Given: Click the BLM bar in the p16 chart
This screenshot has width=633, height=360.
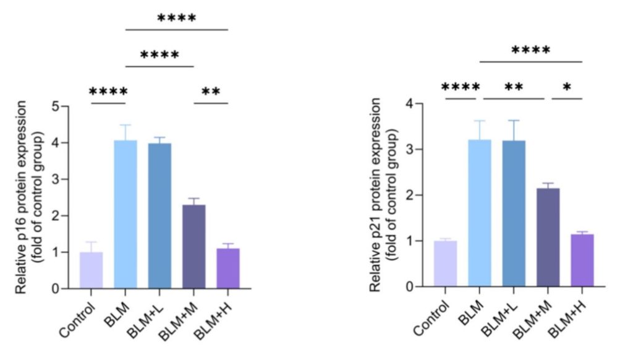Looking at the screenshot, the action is [x=125, y=215].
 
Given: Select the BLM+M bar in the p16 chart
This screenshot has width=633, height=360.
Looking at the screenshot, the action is [x=193, y=247].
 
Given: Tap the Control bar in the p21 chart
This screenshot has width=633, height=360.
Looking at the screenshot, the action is [x=445, y=264].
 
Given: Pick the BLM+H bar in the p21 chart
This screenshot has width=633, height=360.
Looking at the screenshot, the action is [x=582, y=260].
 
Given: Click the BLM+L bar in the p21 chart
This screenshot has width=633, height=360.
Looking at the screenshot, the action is [x=514, y=214].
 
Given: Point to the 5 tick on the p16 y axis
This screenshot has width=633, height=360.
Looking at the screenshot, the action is [x=66, y=106].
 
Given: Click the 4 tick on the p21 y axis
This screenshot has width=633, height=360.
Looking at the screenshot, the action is [x=420, y=104].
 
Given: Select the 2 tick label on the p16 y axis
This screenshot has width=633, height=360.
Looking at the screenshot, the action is [x=56, y=216].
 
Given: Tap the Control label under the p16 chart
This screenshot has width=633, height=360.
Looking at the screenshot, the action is [x=77, y=320].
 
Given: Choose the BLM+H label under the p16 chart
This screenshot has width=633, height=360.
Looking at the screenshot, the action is [x=213, y=322].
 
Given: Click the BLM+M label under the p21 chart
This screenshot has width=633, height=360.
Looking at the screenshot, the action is [x=532, y=320].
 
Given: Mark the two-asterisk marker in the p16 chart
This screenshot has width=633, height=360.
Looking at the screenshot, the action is [x=211, y=91].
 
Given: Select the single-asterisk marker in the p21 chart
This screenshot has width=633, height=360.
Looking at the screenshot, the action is [x=567, y=87].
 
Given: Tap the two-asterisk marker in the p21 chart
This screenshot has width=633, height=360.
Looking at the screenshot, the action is [x=514, y=87].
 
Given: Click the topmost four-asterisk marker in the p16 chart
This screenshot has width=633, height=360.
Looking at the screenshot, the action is [x=177, y=18].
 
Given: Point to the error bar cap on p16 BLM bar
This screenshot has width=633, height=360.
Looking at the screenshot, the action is [x=125, y=125].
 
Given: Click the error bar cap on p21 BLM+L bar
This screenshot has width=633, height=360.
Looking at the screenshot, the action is [x=514, y=121].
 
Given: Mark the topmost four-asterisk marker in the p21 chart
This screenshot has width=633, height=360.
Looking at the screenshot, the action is [x=531, y=50].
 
